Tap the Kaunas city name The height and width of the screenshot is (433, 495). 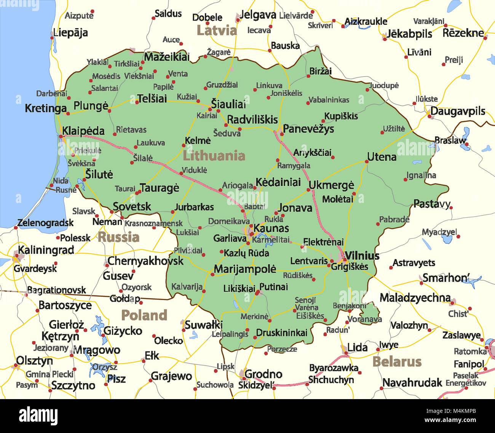271,228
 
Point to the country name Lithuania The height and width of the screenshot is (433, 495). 214,155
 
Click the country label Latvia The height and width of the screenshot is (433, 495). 217,30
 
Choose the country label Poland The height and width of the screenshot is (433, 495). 144,315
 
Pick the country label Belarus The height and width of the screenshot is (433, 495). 397,361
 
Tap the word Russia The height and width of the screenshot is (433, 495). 118,237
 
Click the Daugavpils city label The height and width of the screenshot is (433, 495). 458,111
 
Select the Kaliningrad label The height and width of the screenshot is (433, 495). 46,250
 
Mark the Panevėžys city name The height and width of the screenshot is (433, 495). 308,129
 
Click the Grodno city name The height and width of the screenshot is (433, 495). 263,374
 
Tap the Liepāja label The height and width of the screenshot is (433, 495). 70,33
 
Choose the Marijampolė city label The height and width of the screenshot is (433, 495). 245,269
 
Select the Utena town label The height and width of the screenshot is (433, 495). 382,157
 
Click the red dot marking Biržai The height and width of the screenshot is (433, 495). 308,76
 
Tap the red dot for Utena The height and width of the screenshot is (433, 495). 367,161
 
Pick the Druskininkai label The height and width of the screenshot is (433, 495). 281,332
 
